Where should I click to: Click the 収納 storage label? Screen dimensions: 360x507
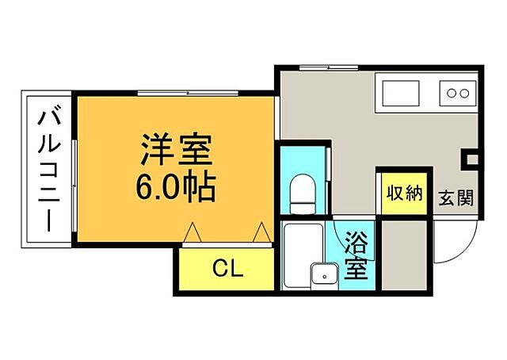[402, 193]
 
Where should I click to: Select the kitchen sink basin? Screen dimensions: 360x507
[405, 94]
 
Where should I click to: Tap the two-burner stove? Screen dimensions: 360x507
[458, 94]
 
